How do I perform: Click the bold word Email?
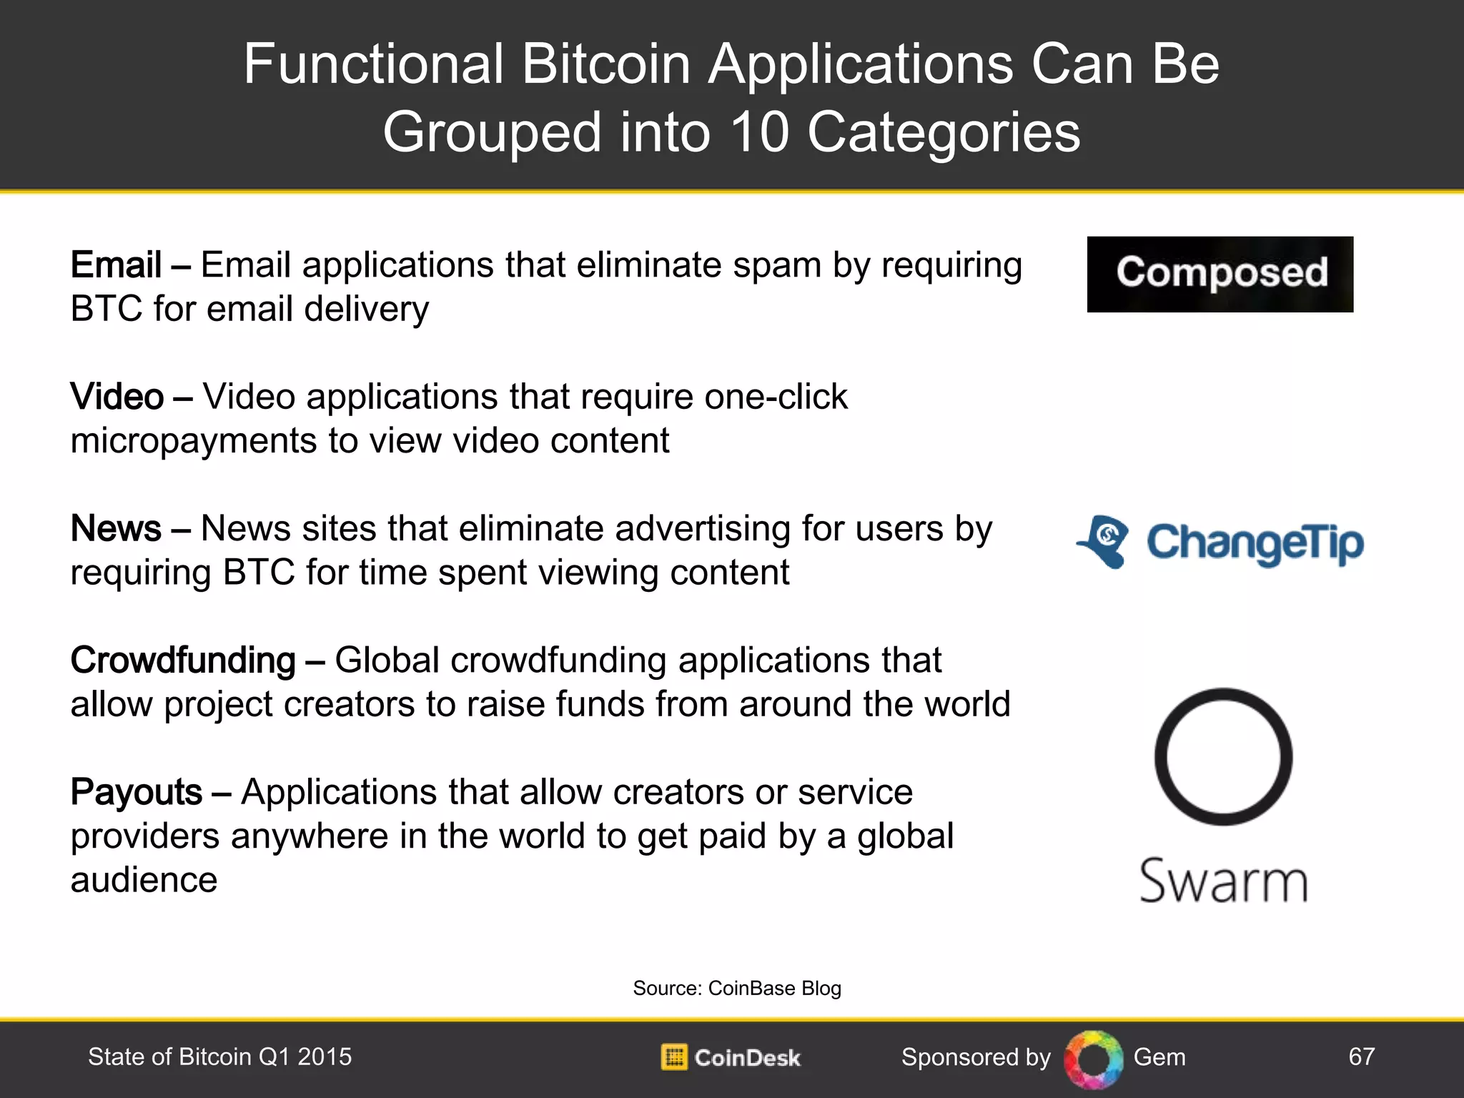point(116,265)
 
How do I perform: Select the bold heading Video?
point(117,397)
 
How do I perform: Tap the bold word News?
point(116,529)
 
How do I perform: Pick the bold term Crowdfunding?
point(183,661)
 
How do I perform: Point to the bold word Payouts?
point(137,792)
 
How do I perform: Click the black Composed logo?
point(1220,274)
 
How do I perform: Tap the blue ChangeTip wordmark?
point(1255,543)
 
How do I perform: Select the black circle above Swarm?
point(1223,756)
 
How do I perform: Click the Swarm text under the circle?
point(1223,881)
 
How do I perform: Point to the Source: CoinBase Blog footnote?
point(737,988)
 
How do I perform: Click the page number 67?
point(1361,1057)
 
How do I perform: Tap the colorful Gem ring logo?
point(1093,1059)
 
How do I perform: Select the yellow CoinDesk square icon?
point(673,1057)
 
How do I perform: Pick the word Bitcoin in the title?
point(606,64)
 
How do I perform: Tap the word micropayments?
point(194,441)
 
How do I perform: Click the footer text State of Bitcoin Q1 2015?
point(219,1057)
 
